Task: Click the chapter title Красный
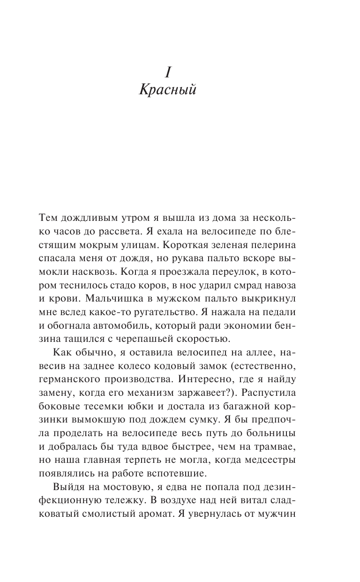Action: pyautogui.click(x=167, y=90)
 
